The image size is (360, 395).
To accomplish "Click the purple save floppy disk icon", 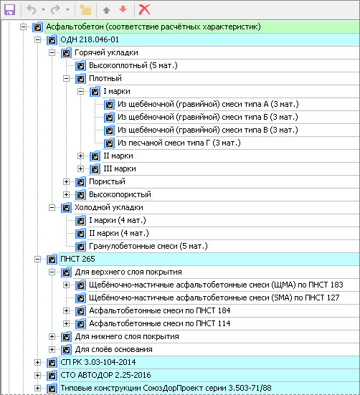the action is pyautogui.click(x=10, y=9).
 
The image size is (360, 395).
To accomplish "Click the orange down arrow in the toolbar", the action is pyautogui.click(x=123, y=9).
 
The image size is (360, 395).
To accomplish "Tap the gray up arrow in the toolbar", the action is pyautogui.click(x=107, y=10).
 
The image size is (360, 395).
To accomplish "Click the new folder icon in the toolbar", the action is pyautogui.click(x=85, y=9).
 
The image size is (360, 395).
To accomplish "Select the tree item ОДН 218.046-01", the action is pyautogui.click(x=90, y=40).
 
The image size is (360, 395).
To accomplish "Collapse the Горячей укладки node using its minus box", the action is pyautogui.click(x=52, y=52).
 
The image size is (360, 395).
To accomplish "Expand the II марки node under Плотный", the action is pyautogui.click(x=80, y=156).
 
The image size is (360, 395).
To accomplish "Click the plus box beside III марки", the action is pyautogui.click(x=80, y=168).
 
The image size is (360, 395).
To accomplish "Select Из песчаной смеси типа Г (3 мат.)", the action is pyautogui.click(x=179, y=143).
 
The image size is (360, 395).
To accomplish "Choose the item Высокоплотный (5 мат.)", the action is pyautogui.click(x=133, y=65).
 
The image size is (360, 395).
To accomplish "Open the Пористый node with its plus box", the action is pyautogui.click(x=66, y=181).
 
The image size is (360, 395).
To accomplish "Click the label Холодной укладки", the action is pyautogui.click(x=109, y=208).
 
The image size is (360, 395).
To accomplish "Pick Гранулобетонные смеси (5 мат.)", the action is pyautogui.click(x=148, y=246).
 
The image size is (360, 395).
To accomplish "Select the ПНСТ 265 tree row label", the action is pyautogui.click(x=77, y=259).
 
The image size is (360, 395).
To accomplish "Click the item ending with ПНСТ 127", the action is pyautogui.click(x=214, y=298).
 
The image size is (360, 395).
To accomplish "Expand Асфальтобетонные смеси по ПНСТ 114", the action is pyautogui.click(x=66, y=323).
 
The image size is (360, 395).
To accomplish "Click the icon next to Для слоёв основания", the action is pyautogui.click(x=66, y=349).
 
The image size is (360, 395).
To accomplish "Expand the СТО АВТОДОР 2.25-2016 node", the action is pyautogui.click(x=37, y=376).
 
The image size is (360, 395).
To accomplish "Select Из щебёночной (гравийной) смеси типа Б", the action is pyautogui.click(x=208, y=117).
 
